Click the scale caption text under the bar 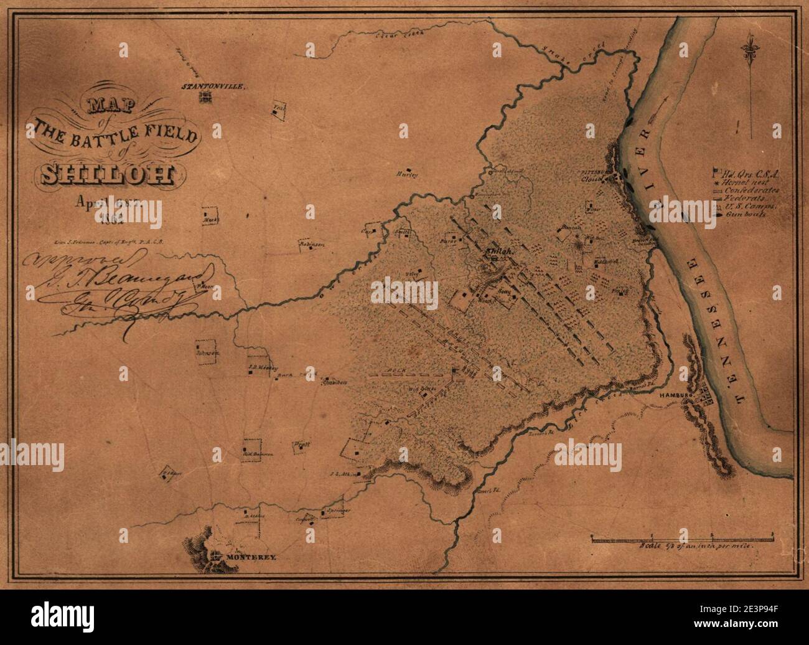697,546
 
